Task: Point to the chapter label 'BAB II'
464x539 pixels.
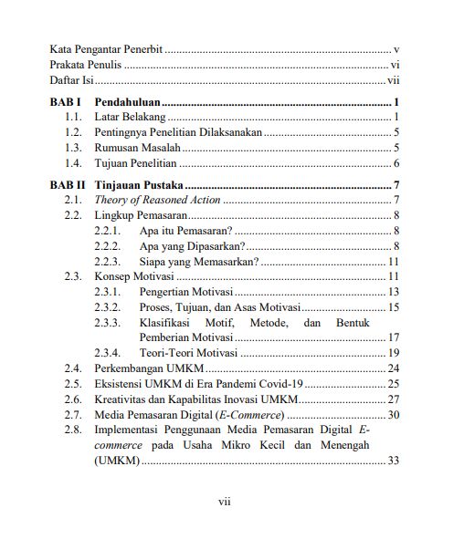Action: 69,186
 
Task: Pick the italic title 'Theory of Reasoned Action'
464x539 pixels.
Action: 157,200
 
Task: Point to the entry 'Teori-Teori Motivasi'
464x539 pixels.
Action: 188,353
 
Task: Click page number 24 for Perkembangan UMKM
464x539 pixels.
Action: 395,368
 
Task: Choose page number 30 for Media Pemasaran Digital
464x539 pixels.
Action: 395,415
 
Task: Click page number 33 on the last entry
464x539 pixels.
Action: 395,461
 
